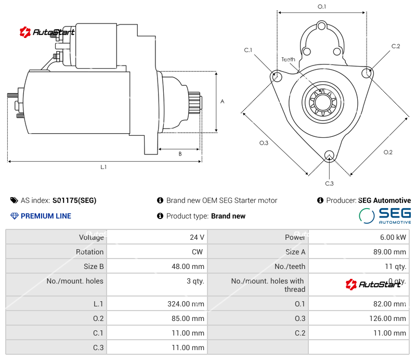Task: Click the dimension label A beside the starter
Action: (222, 101)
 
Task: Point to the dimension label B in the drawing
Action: (180, 153)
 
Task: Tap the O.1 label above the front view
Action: (322, 6)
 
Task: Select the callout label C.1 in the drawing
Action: (248, 50)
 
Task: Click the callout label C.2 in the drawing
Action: (396, 46)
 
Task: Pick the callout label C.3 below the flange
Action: (329, 183)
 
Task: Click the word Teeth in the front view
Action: (288, 59)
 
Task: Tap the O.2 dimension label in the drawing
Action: (388, 152)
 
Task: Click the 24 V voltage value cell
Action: (197, 237)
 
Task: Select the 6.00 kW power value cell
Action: (394, 237)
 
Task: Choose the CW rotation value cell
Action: (199, 252)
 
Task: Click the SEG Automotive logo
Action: (385, 215)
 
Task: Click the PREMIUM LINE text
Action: (46, 216)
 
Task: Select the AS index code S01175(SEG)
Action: (74, 200)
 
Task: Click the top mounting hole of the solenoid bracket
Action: (322, 25)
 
